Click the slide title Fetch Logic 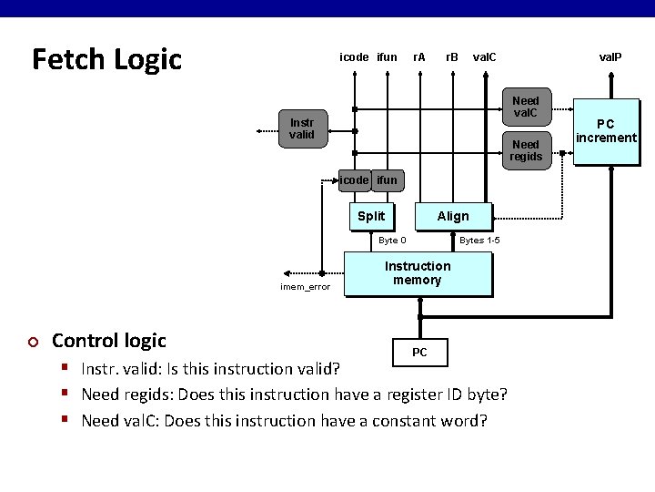pyautogui.click(x=106, y=59)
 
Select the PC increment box pyautogui.click(x=605, y=130)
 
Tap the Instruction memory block pyautogui.click(x=418, y=273)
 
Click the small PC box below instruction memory pyautogui.click(x=419, y=352)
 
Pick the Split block pyautogui.click(x=371, y=216)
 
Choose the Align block pyautogui.click(x=453, y=216)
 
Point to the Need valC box pyautogui.click(x=525, y=108)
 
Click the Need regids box pyautogui.click(x=525, y=150)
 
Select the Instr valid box pyautogui.click(x=302, y=128)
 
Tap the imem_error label pyautogui.click(x=306, y=287)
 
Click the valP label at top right pyautogui.click(x=610, y=56)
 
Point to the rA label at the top pyautogui.click(x=418, y=56)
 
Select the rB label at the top pyautogui.click(x=451, y=56)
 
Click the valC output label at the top pyautogui.click(x=485, y=56)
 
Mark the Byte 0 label pyautogui.click(x=392, y=241)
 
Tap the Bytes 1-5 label pyautogui.click(x=479, y=241)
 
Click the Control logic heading pyautogui.click(x=109, y=341)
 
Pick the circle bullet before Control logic pyautogui.click(x=34, y=342)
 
